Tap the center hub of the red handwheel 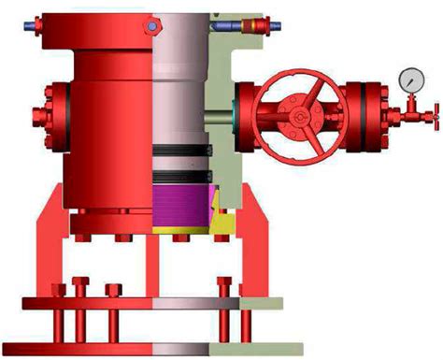click(298, 116)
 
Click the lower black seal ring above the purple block click(183, 172)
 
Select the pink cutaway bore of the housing click(178, 94)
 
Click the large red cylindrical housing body click(107, 112)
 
